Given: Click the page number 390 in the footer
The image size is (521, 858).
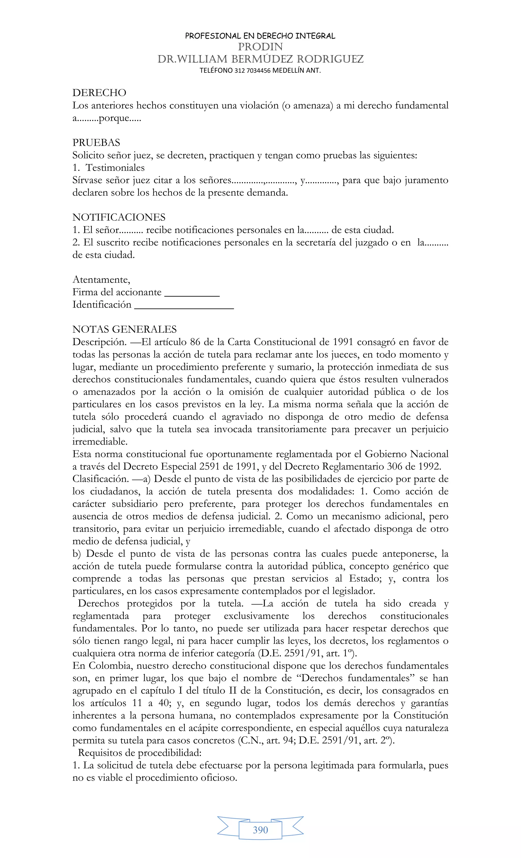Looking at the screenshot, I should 260,830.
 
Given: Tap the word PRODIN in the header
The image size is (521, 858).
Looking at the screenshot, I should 260,47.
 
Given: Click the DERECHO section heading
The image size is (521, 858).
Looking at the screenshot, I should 99,93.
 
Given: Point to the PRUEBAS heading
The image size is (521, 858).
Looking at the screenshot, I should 96,142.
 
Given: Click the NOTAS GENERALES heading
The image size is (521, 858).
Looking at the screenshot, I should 124,329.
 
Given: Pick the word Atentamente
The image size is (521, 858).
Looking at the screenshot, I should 101,280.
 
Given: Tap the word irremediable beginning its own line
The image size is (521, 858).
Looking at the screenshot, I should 100,442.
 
